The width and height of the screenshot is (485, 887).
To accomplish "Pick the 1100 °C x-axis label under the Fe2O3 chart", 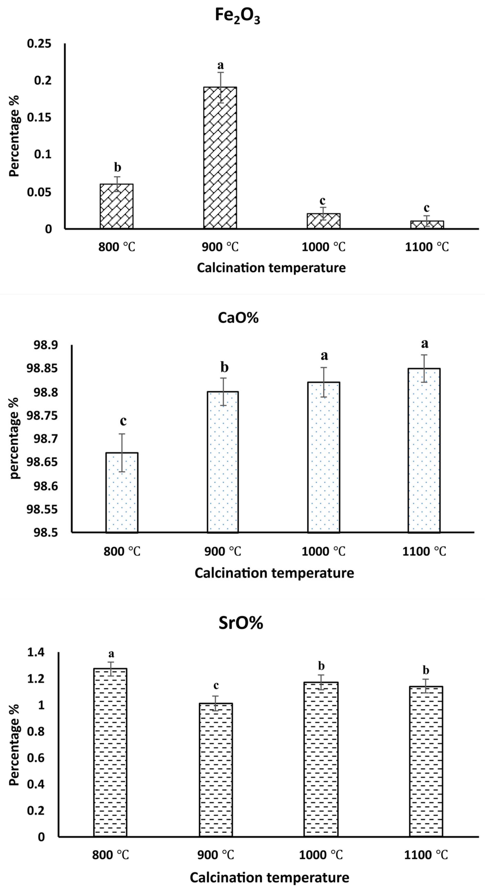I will point(427,247).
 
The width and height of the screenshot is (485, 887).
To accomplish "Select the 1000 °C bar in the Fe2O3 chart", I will point(323,221).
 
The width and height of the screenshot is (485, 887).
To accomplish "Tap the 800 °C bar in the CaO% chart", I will point(122,492).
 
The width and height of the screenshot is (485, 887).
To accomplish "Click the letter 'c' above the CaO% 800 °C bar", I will point(123,421).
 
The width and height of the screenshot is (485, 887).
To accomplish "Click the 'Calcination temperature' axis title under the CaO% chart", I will point(274,573).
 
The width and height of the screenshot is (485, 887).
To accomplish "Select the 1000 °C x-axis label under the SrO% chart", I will point(321,855).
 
